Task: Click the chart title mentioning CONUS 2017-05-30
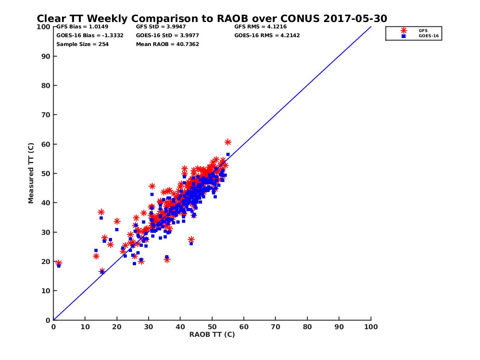pos(212,19)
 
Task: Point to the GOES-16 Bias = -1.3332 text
pos(90,35)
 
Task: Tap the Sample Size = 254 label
pos(82,44)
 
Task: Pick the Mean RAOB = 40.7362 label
pos(167,44)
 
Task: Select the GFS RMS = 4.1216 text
pos(260,27)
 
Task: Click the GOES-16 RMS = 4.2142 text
pos(267,35)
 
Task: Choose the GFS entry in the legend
pos(422,30)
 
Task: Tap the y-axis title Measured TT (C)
pos(31,174)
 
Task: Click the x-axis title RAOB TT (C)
pos(212,334)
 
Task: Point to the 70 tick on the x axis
pos(276,326)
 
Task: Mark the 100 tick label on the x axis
pos(371,326)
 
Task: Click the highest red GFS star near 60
pos(228,142)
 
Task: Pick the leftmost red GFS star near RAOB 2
pos(59,263)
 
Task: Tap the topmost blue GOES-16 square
pos(228,154)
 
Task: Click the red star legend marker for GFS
pos(404,30)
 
